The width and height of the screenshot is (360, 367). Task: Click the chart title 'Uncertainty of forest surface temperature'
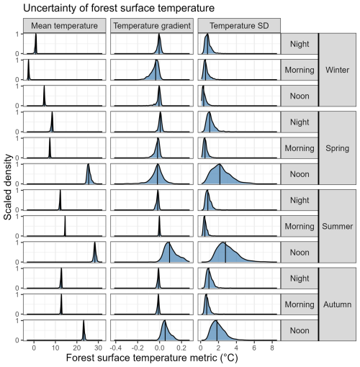119,8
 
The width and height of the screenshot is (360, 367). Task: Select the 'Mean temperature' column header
64,26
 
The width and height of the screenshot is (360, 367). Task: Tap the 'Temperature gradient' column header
152,26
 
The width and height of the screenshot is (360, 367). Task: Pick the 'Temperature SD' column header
239,26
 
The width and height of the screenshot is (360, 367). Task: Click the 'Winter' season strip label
337,70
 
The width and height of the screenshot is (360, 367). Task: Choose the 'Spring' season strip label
337,148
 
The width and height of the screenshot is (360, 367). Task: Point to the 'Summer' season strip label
337,226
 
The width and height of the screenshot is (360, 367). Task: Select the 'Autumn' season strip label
337,304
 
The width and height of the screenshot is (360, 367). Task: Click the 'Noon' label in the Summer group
300,253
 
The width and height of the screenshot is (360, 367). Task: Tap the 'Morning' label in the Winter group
300,70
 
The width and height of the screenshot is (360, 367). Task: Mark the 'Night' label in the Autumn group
300,278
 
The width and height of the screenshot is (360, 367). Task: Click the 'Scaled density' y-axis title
8,187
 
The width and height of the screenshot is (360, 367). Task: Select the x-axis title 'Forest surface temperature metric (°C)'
152,358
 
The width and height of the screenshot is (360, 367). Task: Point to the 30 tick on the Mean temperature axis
98,348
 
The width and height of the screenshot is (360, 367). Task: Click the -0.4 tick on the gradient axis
114,348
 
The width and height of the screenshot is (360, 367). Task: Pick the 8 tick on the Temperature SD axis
272,348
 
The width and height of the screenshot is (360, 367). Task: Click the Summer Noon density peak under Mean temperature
94,243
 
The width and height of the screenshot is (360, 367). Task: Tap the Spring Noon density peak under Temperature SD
220,164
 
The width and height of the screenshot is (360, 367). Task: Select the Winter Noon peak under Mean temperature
44,86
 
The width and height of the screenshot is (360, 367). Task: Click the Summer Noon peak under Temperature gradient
168,243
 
